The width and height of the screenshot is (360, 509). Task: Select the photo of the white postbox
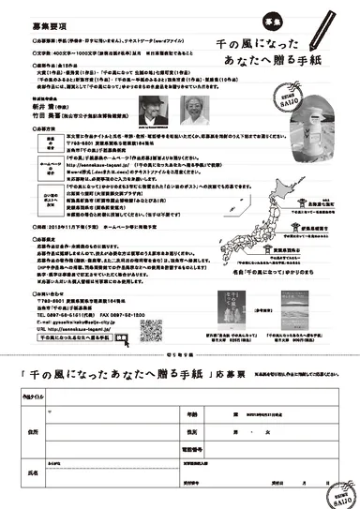pyautogui.click(x=246, y=142)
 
